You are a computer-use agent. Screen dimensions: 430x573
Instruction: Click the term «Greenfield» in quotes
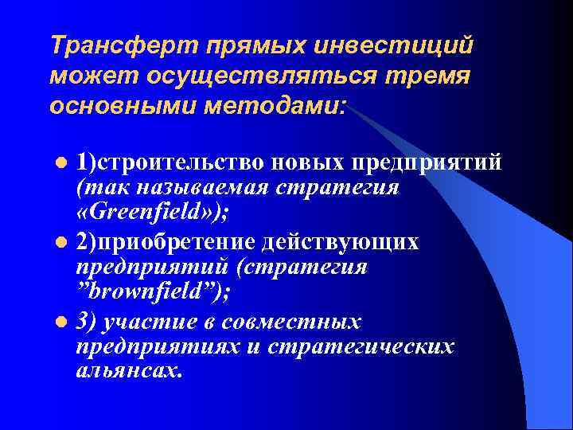(x=152, y=215)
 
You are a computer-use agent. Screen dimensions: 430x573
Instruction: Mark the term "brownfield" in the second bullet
(x=149, y=292)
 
